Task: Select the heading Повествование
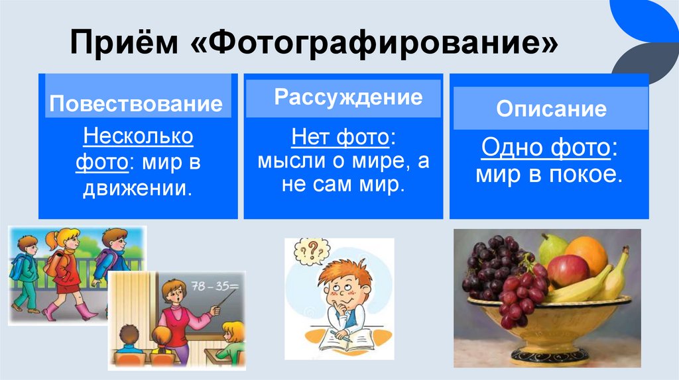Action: (136, 104)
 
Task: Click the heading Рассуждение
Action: (348, 97)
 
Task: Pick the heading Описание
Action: (551, 109)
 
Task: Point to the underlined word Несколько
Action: (139, 138)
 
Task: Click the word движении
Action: (137, 187)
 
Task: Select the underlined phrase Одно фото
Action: (545, 148)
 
